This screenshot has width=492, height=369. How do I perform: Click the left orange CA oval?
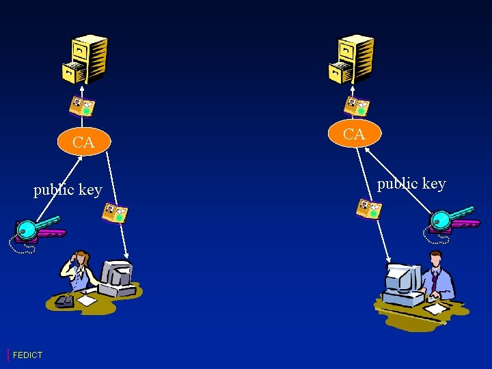coord(83,142)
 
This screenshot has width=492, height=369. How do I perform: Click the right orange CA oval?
coord(353,134)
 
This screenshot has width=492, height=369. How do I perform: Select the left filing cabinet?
coord(85,58)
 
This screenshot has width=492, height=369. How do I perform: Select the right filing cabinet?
coord(351,58)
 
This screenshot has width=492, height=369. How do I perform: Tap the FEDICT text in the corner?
coord(27,355)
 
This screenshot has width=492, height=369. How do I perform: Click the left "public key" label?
coord(68,189)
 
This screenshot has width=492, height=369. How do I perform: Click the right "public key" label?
coord(411,183)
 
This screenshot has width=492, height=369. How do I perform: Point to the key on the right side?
coord(449,219)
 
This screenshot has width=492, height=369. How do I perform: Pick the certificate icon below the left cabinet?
coord(82,107)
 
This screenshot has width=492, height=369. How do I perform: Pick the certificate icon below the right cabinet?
coord(357,107)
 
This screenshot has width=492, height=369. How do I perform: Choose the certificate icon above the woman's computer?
coord(115,214)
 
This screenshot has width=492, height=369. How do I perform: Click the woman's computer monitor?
coord(115,275)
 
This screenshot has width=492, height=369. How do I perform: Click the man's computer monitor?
coord(402,279)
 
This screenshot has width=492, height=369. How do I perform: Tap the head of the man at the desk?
coord(435,260)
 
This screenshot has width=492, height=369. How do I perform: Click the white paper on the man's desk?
coord(435,309)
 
